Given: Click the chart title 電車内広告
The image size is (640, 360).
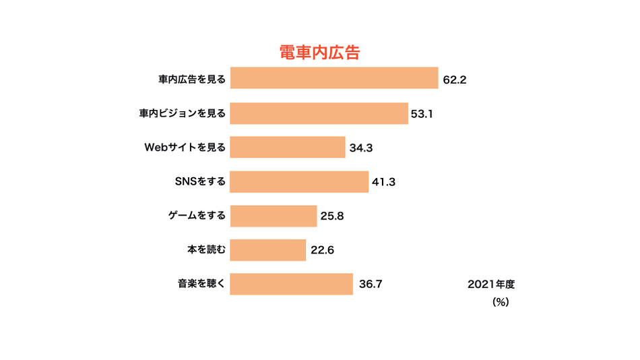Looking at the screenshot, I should point(320,53).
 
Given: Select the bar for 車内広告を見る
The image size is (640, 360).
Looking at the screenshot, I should point(334,78).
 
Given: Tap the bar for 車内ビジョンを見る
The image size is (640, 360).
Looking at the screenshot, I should point(319,113).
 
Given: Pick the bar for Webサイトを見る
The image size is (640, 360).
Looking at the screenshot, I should point(288,147).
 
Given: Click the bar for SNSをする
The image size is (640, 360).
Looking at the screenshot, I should point(299,181).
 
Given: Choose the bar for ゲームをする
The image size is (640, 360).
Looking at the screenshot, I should point(274,216).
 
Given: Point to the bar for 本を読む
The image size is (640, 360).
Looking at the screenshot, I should point(268,250).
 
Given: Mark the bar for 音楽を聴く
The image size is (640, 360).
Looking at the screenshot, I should point(292,284).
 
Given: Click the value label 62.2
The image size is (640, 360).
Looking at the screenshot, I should point(455,79).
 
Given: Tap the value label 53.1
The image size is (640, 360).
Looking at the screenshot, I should point(422,114).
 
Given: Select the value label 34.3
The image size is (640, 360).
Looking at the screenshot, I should point(361,148).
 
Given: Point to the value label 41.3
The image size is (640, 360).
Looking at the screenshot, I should point(383,182).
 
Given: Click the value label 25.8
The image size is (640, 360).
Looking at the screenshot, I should point(332,216).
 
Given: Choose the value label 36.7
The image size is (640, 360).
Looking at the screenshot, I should point(371,284).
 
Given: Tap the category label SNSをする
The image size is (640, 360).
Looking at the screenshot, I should point(199,181).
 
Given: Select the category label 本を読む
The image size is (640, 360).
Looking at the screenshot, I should point(207,250).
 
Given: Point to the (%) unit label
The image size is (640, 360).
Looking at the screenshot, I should point(500,303).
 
